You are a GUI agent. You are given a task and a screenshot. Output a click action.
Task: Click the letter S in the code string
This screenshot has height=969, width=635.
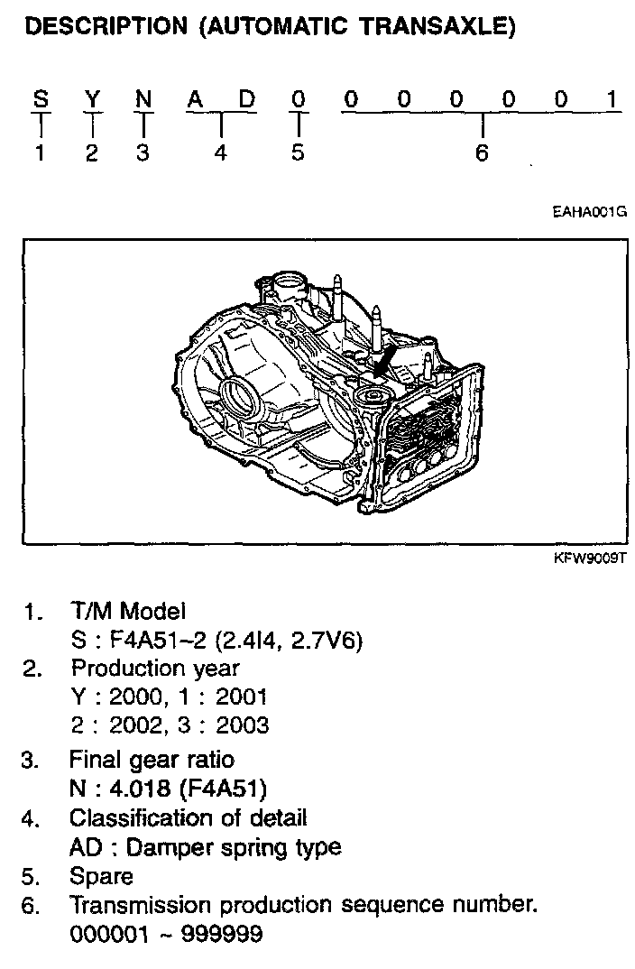click(x=40, y=100)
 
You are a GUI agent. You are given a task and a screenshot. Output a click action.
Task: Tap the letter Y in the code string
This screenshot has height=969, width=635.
click(x=91, y=100)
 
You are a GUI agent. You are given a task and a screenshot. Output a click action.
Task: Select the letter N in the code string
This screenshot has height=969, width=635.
click(x=143, y=100)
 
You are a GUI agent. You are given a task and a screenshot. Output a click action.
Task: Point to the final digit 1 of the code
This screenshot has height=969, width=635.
click(x=613, y=100)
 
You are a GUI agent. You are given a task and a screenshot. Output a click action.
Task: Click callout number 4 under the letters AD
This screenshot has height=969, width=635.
click(x=220, y=152)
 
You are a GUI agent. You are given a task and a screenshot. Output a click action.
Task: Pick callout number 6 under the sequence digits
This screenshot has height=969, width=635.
click(x=482, y=152)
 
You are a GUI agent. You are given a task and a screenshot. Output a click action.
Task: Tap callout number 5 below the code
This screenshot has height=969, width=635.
click(x=298, y=152)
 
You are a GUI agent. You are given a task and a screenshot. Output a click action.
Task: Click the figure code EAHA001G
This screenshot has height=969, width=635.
click(x=590, y=213)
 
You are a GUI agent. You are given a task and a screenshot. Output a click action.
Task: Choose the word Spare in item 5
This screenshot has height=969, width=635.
click(x=101, y=875)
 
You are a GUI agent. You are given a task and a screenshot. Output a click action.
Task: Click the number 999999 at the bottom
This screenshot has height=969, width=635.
click(x=222, y=933)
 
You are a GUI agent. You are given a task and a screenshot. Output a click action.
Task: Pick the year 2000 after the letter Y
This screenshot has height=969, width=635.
click(x=137, y=697)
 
